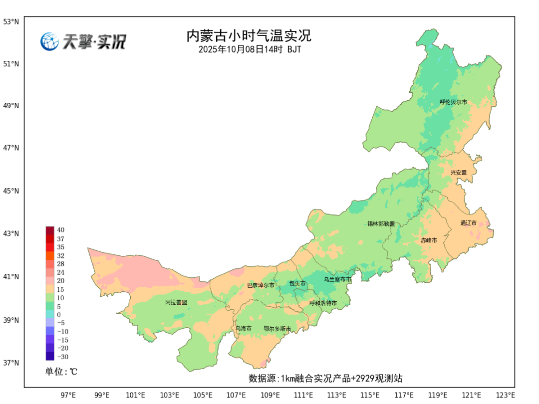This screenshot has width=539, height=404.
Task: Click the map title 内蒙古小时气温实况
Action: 249,36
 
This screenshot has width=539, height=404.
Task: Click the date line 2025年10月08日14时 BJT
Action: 250,49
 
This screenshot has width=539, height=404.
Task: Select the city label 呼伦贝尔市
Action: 453,102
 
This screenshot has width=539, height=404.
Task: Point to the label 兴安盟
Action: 458,173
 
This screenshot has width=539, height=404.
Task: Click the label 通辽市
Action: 468,223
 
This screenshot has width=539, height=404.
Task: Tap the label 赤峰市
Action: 428,240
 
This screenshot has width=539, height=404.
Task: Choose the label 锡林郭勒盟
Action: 381,224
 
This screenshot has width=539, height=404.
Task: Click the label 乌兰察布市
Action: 337,280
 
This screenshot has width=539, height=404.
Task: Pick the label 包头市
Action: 297,283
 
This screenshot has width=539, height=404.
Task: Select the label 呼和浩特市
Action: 323,303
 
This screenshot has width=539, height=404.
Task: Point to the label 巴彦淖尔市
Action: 261,285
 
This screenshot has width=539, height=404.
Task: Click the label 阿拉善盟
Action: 176,302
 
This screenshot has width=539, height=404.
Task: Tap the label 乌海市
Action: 244,328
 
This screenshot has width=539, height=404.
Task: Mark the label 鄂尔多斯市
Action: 277,329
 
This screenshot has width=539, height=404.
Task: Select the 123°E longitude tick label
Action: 505,396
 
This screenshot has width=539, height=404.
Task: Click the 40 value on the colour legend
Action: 60,230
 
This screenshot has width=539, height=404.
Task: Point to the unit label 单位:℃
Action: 61,372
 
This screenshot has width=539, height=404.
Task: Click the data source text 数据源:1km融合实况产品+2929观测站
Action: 325,379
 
